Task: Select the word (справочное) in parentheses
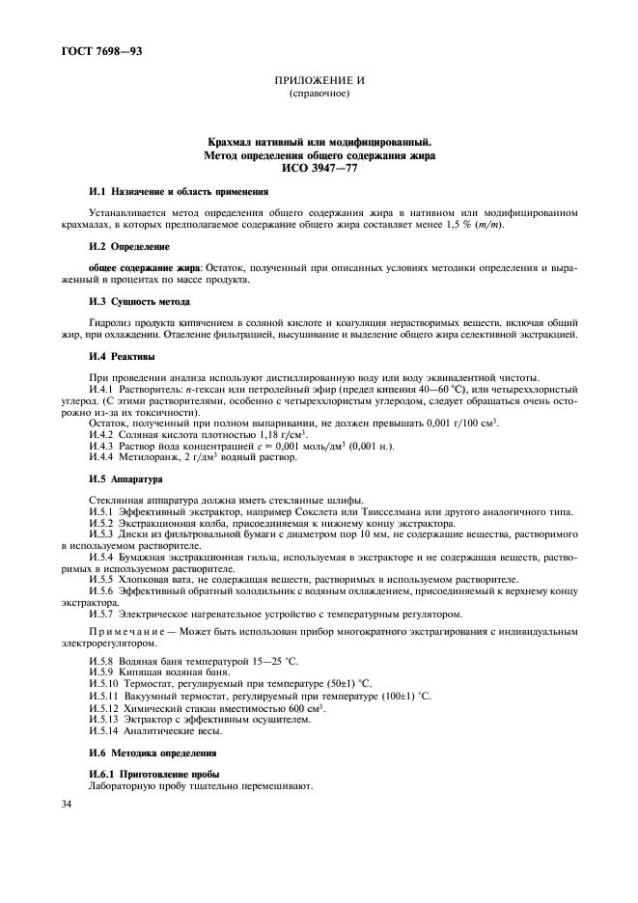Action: pos(319,96)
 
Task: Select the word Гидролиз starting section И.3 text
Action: pos(111,321)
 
